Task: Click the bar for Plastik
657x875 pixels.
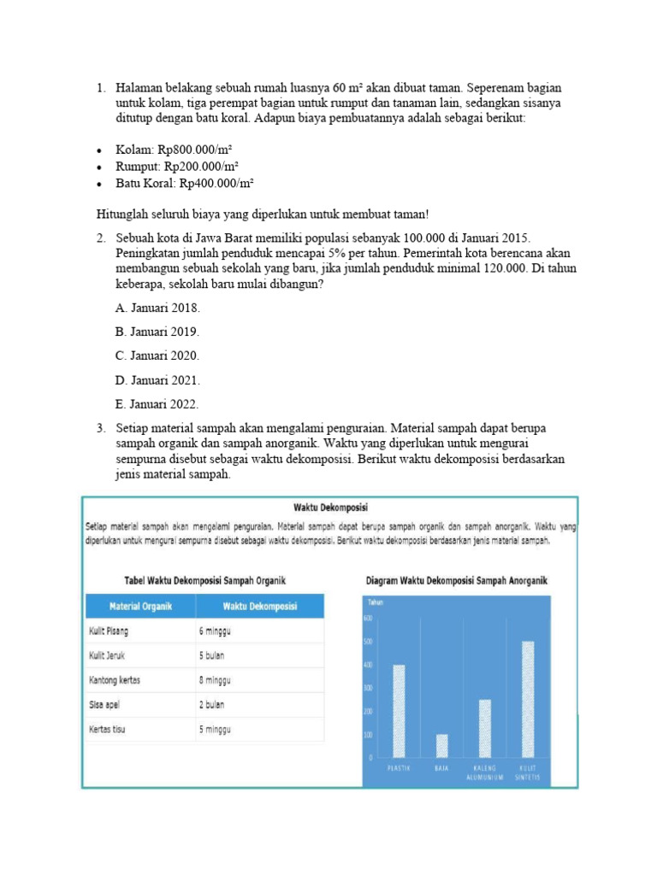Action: [x=399, y=711]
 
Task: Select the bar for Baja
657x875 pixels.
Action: [x=441, y=746]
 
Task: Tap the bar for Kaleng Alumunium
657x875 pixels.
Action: [x=485, y=728]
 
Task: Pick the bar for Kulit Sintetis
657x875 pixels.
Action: [x=528, y=699]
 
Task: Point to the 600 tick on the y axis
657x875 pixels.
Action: [x=369, y=618]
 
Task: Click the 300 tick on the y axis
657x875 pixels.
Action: [x=369, y=688]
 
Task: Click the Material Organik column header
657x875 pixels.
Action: [x=140, y=606]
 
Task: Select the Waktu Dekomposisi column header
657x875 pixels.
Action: [x=259, y=606]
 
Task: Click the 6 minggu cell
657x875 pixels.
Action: [x=216, y=631]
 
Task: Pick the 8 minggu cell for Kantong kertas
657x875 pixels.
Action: [x=216, y=680]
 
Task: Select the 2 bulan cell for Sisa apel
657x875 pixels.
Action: [x=213, y=705]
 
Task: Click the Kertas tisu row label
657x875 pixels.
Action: [x=109, y=730]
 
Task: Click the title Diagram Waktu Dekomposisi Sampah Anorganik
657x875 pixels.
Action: [x=457, y=581]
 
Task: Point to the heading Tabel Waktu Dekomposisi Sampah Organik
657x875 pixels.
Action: [x=205, y=581]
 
